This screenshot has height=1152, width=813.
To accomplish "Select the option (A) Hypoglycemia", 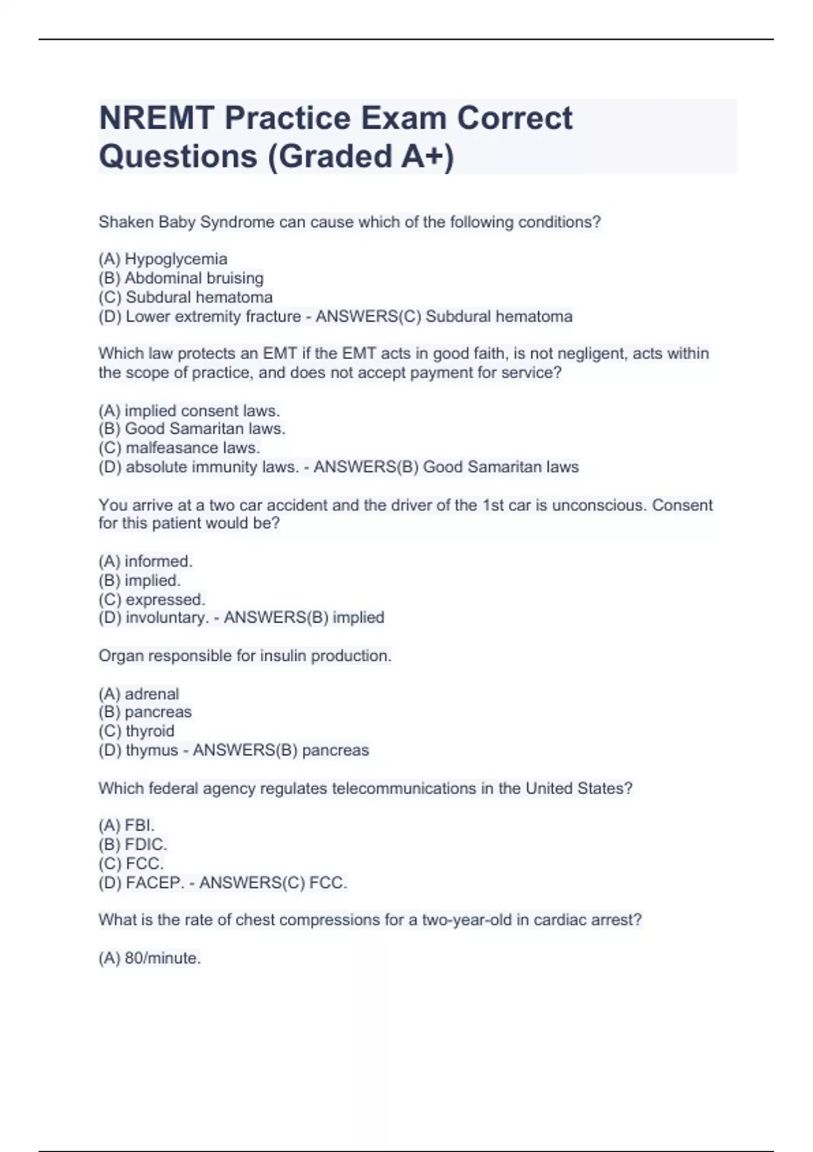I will point(163,259).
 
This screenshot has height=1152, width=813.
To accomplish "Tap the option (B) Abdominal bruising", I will point(181,278).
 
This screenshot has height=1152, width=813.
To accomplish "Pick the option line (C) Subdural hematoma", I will point(186,297).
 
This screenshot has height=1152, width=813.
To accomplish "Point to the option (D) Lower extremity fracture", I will point(200,316).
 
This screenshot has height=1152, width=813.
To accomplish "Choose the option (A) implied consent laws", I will point(189,411).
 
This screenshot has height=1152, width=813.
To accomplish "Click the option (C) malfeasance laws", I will point(180,448).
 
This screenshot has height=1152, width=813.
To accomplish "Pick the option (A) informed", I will point(146,561).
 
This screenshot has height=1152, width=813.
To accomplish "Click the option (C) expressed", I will point(152,600).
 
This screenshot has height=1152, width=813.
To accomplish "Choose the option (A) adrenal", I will point(139,694).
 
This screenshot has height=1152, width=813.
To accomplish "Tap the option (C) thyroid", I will point(136,731).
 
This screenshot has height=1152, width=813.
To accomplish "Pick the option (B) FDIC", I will point(133,844).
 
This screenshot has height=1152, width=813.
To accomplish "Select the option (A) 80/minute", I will point(150,958).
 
